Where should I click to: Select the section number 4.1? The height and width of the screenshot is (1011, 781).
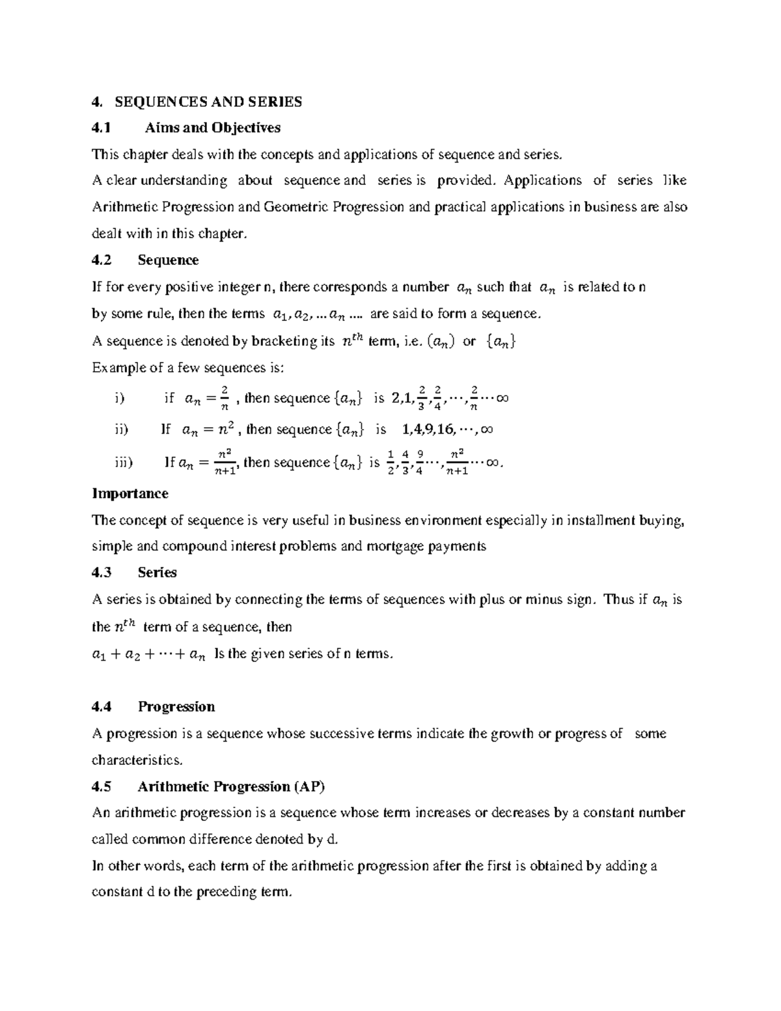point(102,128)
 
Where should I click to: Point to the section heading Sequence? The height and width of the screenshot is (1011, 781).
point(168,260)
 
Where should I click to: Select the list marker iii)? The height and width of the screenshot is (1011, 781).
point(122,462)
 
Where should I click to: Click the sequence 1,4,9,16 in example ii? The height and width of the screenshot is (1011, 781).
point(428,430)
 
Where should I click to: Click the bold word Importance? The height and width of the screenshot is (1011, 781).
point(130,493)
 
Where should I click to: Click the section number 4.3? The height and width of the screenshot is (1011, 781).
point(102,573)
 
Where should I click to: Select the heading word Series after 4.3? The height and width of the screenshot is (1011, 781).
point(157,573)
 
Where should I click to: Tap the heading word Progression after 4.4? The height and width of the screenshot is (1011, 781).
point(176,707)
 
